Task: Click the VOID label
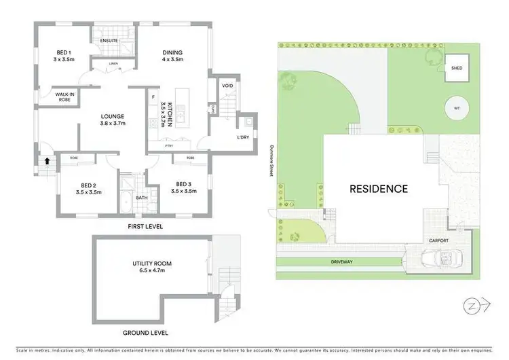tap(227, 86)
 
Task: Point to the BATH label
tap(141, 198)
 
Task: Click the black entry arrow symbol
tap(47, 161)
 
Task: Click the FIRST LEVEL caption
tap(145, 226)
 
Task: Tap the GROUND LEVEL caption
tap(146, 333)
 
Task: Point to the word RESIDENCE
tap(379, 189)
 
